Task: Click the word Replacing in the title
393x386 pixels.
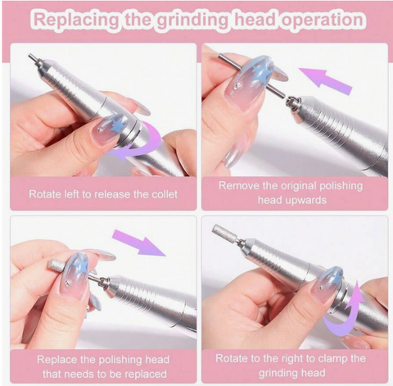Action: (76, 20)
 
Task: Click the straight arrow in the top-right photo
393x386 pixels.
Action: (325, 81)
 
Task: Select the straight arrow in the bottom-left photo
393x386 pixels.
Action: (139, 243)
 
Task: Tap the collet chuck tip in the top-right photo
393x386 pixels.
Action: (292, 103)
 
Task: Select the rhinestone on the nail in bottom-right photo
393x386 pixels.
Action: (321, 287)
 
